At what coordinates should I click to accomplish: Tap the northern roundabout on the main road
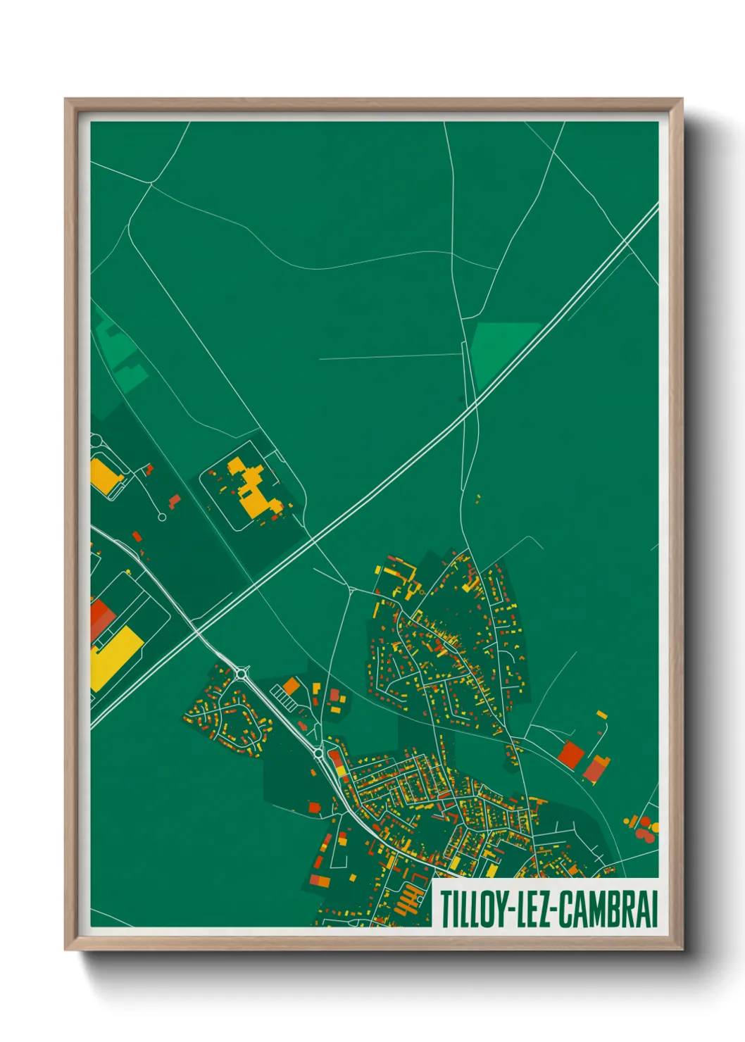[x=243, y=674]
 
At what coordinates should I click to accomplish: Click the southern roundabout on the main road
[x=319, y=754]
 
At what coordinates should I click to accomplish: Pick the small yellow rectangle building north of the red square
[x=602, y=715]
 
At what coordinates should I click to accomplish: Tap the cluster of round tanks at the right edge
[x=643, y=828]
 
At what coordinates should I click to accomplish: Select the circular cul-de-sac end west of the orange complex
[x=162, y=517]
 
